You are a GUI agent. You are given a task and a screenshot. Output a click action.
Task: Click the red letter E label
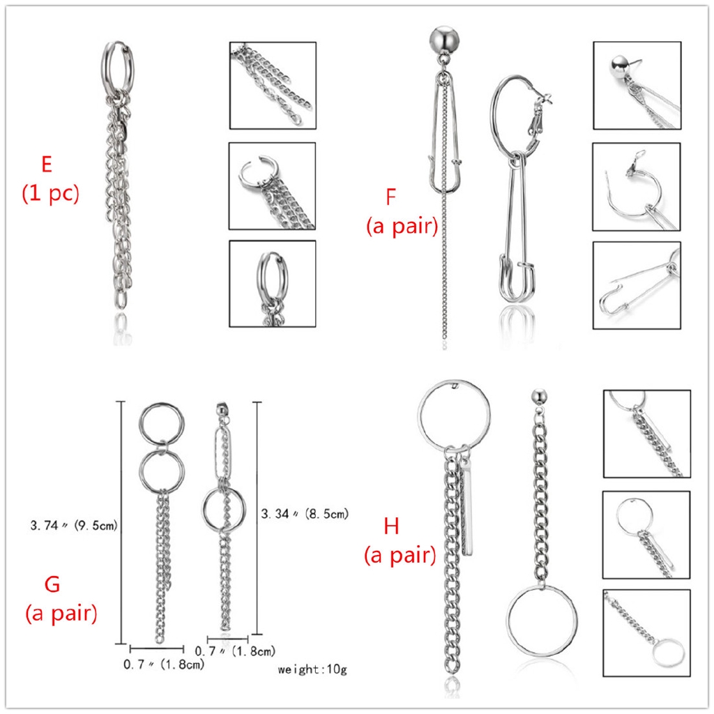coord(47,164)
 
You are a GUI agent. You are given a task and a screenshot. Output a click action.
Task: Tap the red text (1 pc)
coord(50,194)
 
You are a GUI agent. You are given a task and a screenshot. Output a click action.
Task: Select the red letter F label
coord(390,197)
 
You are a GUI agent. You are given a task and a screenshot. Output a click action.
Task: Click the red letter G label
coord(52,584)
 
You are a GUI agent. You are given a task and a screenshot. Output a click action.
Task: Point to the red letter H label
coord(392,526)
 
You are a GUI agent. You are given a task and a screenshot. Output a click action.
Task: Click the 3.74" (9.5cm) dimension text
coord(74,526)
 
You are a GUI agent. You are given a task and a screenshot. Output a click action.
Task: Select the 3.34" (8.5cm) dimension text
coord(305,514)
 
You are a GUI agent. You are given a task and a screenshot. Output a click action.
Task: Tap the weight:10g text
coord(312,669)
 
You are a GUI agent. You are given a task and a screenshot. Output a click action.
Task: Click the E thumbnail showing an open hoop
coord(273,185)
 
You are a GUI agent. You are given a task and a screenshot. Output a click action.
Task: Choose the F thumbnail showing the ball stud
coord(637,86)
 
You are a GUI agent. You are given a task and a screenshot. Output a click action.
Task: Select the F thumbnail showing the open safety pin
coord(637,285)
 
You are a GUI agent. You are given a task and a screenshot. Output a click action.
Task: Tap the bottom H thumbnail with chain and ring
coord(647,633)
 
